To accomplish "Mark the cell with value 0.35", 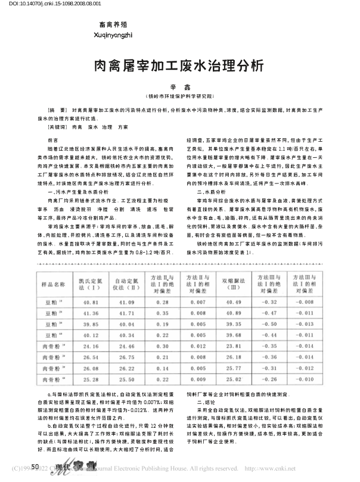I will pos(160,313).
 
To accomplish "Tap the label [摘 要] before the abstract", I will pos(58,111).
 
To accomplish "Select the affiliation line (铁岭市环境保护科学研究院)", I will pos(179,96).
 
